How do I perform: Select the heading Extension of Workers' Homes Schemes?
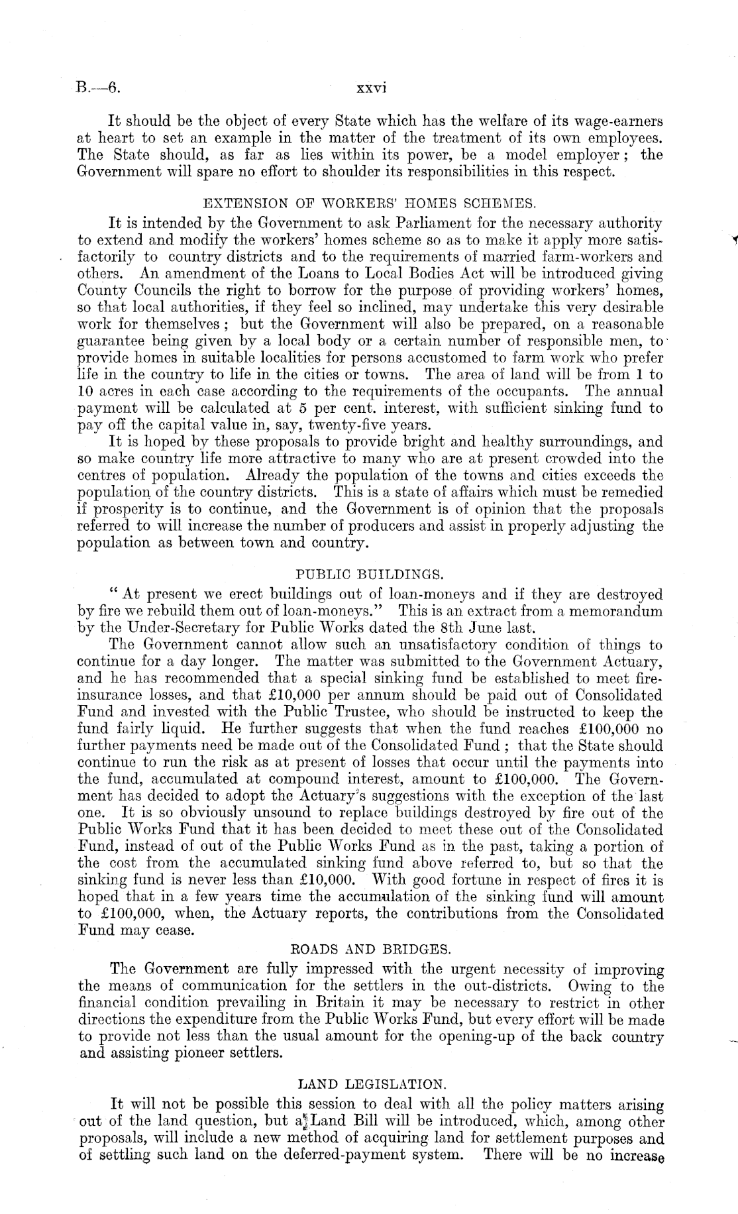[368, 202]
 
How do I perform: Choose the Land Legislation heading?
[368, 1085]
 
